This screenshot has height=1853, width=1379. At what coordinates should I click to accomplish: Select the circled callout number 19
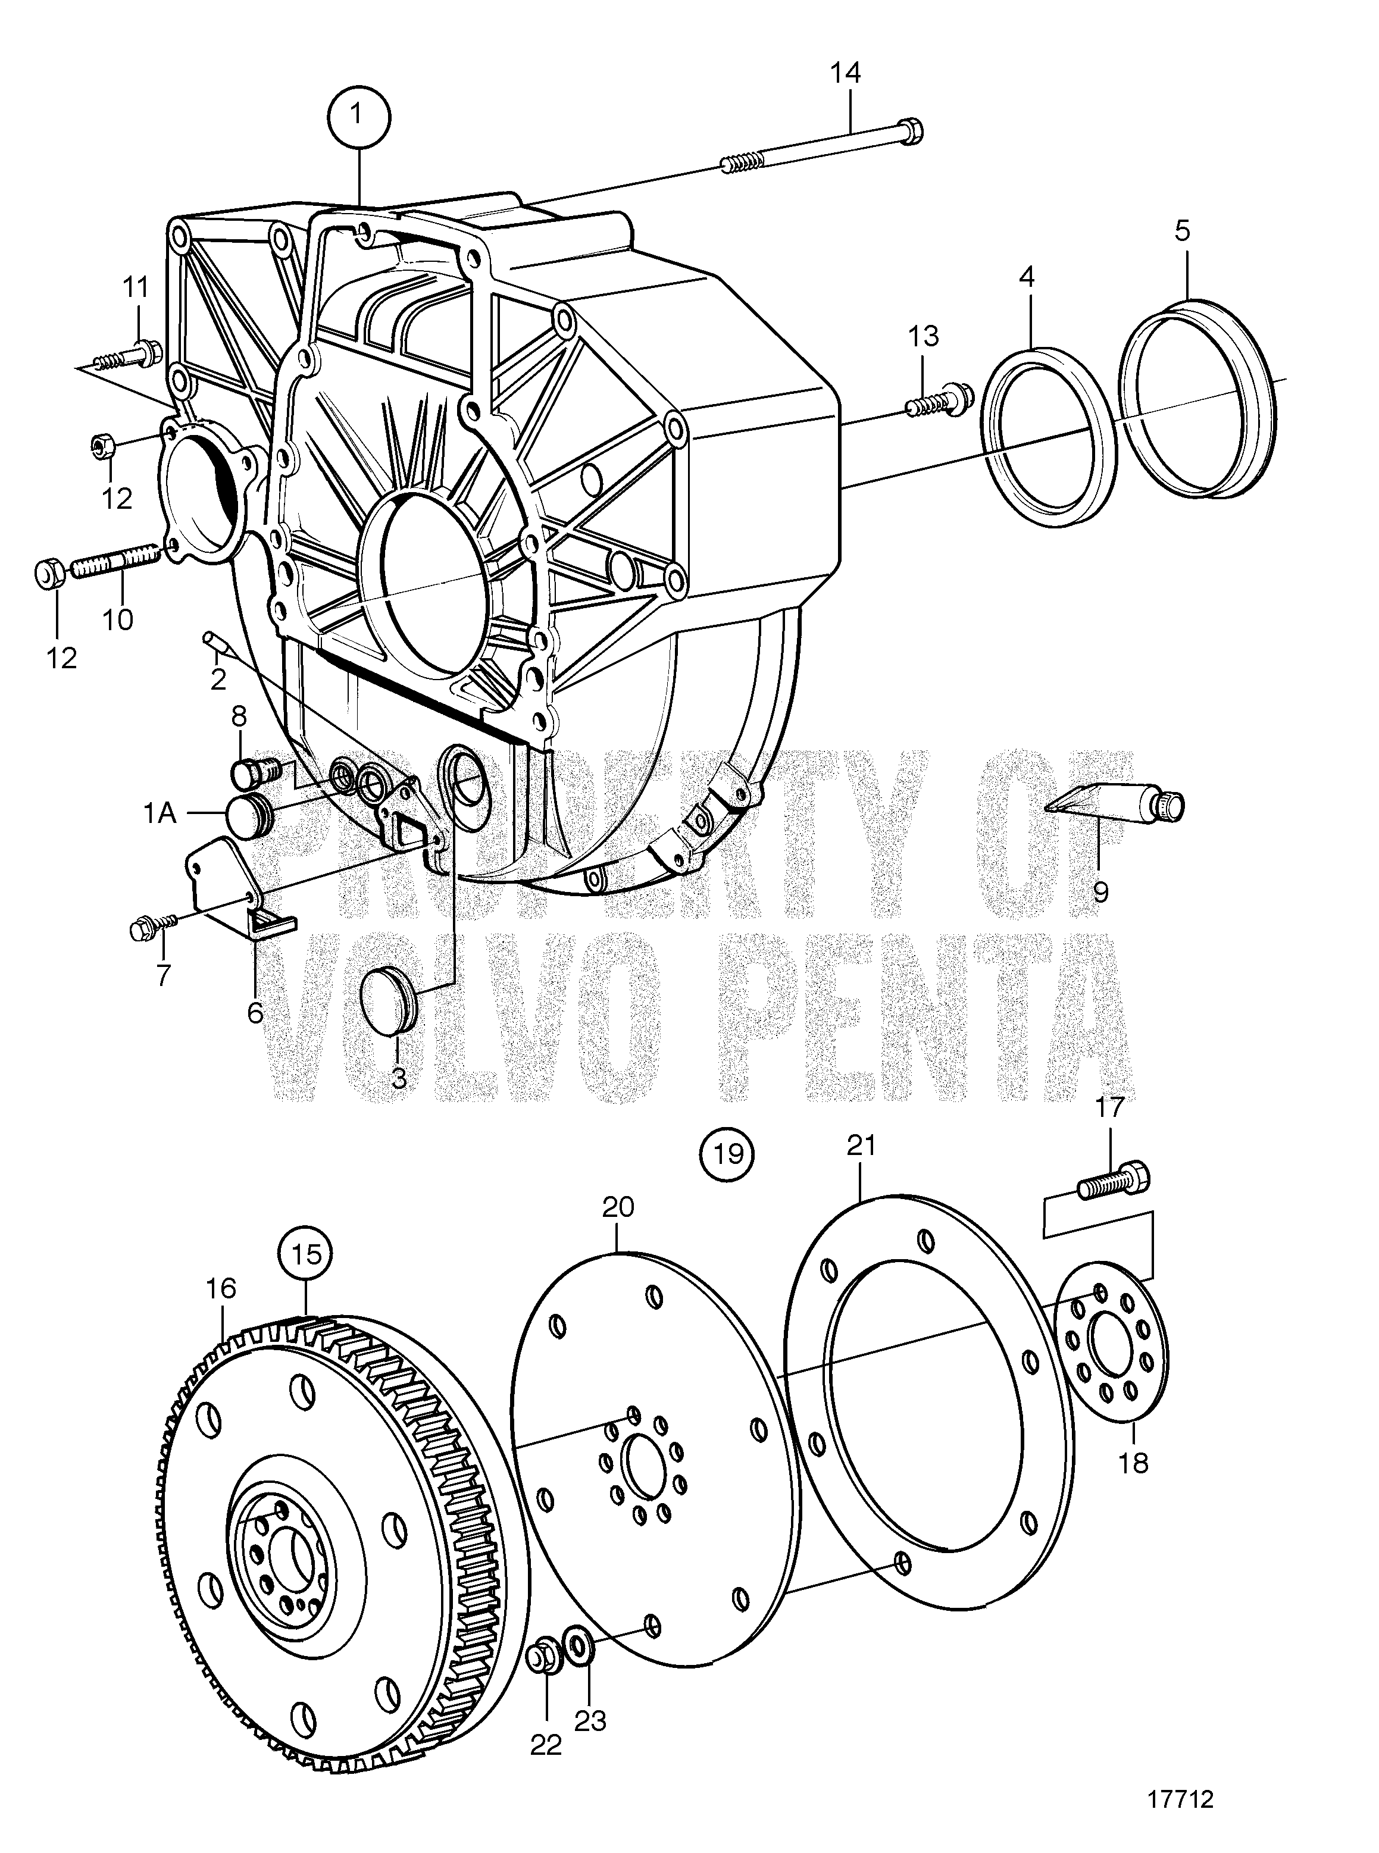[728, 1154]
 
